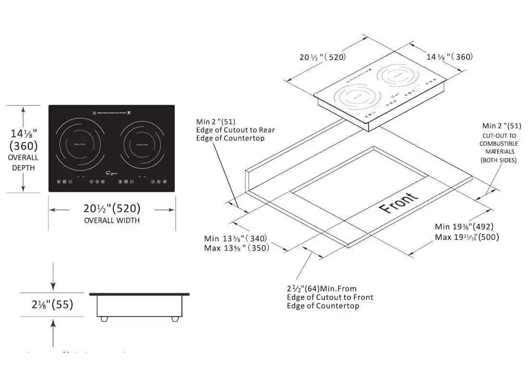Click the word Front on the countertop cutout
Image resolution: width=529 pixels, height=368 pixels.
[398, 202]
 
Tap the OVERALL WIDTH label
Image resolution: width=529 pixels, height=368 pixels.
[112, 221]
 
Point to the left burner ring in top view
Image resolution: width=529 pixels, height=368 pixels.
[80, 142]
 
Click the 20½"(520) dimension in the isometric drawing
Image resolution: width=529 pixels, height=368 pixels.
[323, 57]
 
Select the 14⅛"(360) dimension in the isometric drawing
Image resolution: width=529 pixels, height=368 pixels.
[450, 57]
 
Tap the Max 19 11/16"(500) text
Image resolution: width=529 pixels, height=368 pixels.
[467, 237]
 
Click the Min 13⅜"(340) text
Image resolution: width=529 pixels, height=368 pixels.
[235, 238]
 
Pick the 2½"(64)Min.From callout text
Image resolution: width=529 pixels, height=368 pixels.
[321, 289]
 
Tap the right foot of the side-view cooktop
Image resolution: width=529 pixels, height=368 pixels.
[174, 318]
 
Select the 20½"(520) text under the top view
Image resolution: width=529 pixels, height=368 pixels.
[112, 208]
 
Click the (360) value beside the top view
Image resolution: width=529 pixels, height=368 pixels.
[23, 146]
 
